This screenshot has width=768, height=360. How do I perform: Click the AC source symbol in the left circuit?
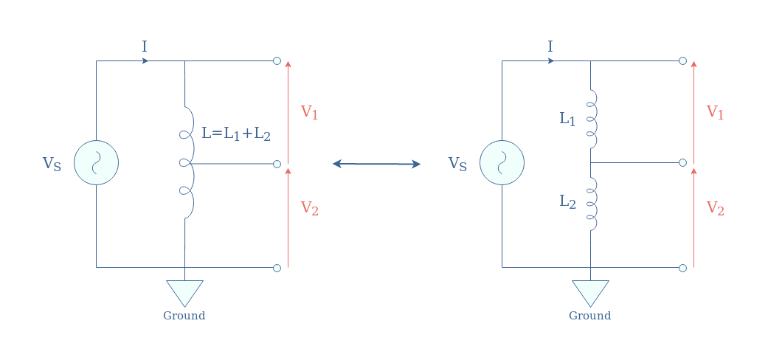point(96,162)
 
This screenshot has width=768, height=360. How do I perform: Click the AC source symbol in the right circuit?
point(502,162)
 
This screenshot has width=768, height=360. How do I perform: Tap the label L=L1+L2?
point(236,134)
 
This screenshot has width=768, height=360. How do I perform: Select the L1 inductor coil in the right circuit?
point(592,119)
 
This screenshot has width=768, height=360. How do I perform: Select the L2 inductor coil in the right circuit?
point(592,204)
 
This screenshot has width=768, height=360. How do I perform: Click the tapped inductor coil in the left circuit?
point(189,162)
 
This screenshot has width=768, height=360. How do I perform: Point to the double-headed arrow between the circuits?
point(377,164)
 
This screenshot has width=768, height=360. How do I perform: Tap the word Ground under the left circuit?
point(184,316)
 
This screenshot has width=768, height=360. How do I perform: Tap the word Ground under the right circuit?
point(589,316)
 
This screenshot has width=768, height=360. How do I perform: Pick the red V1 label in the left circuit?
point(310,112)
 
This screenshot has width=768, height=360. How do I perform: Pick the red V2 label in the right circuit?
point(715,208)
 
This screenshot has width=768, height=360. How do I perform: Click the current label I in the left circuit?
point(145,47)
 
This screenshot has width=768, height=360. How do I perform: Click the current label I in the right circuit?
point(550,47)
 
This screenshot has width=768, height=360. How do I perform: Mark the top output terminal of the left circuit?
point(277,60)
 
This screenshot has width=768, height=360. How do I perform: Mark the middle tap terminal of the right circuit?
point(682,162)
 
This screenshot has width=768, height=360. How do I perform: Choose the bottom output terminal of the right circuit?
point(682,268)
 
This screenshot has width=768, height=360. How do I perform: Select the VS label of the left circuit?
point(52,164)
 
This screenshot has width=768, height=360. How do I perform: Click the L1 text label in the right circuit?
point(567,119)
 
